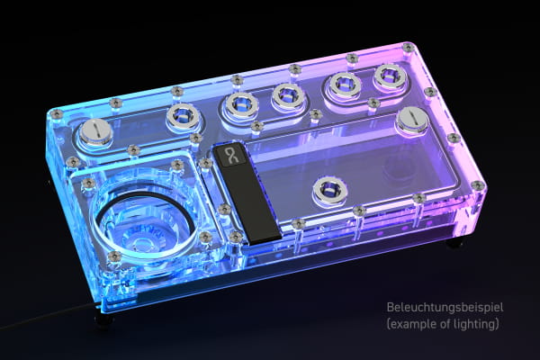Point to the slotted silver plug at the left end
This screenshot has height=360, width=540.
tap(95, 132)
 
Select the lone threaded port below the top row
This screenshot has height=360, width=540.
tap(328, 190)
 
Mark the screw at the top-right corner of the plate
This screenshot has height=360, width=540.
tap(409, 47)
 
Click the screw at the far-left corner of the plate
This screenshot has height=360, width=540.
tap(57, 113)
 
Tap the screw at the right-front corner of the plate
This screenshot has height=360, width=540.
tap(478, 185)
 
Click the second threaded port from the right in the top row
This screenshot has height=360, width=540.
tap(343, 85)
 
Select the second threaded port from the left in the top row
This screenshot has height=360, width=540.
tap(238, 104)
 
